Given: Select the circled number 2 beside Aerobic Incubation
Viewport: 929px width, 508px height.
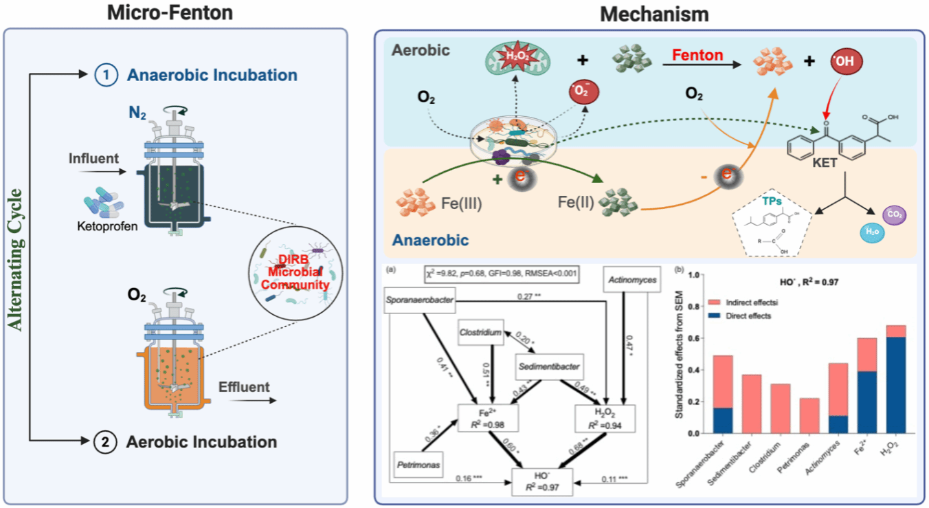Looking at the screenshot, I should click(104, 441).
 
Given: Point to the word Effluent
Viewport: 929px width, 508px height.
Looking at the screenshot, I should click(244, 386).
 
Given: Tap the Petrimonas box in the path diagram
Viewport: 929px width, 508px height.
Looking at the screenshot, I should click(418, 465).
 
